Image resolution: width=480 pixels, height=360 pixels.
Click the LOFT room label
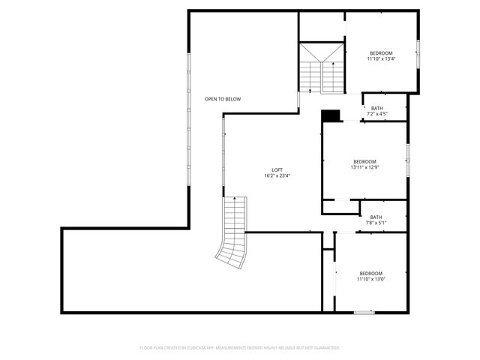pyautogui.click(x=277, y=169)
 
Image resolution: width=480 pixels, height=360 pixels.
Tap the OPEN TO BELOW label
pyautogui.click(x=223, y=99)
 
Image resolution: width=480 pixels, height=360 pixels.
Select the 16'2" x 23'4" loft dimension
pyautogui.click(x=277, y=176)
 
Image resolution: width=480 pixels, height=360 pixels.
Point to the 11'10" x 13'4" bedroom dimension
pyautogui.click(x=381, y=59)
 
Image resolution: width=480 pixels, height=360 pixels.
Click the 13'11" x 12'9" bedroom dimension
pyautogui.click(x=364, y=168)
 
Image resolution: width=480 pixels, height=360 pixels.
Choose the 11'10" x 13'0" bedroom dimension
pyautogui.click(x=371, y=280)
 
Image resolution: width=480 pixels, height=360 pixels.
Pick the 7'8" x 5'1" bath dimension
pyautogui.click(x=376, y=223)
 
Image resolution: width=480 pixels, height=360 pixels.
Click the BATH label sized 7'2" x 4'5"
pyautogui.click(x=376, y=108)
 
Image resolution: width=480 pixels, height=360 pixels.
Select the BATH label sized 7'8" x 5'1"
pyautogui.click(x=376, y=217)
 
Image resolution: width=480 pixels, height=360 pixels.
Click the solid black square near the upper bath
pyautogui.click(x=331, y=115)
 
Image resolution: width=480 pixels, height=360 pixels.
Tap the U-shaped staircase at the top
pyautogui.click(x=321, y=69)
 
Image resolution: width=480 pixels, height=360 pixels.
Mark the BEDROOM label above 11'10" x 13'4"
pyautogui.click(x=381, y=53)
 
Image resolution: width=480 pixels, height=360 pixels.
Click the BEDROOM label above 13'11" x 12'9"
pyautogui.click(x=364, y=162)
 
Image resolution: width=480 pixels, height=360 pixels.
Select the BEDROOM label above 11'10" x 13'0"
pyautogui.click(x=371, y=273)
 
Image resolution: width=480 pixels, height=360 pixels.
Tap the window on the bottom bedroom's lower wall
pyautogui.click(x=364, y=312)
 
